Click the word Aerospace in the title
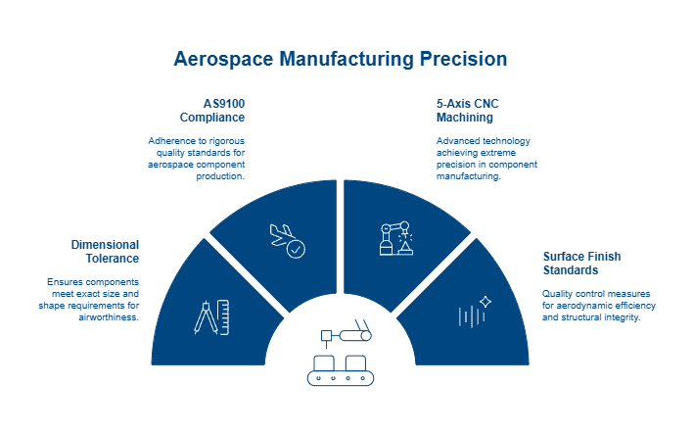click(x=222, y=59)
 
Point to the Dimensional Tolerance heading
click(x=105, y=251)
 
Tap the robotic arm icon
click(x=395, y=239)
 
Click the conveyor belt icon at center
click(x=342, y=357)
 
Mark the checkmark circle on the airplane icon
click(x=296, y=249)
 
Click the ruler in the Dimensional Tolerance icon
click(x=223, y=314)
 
